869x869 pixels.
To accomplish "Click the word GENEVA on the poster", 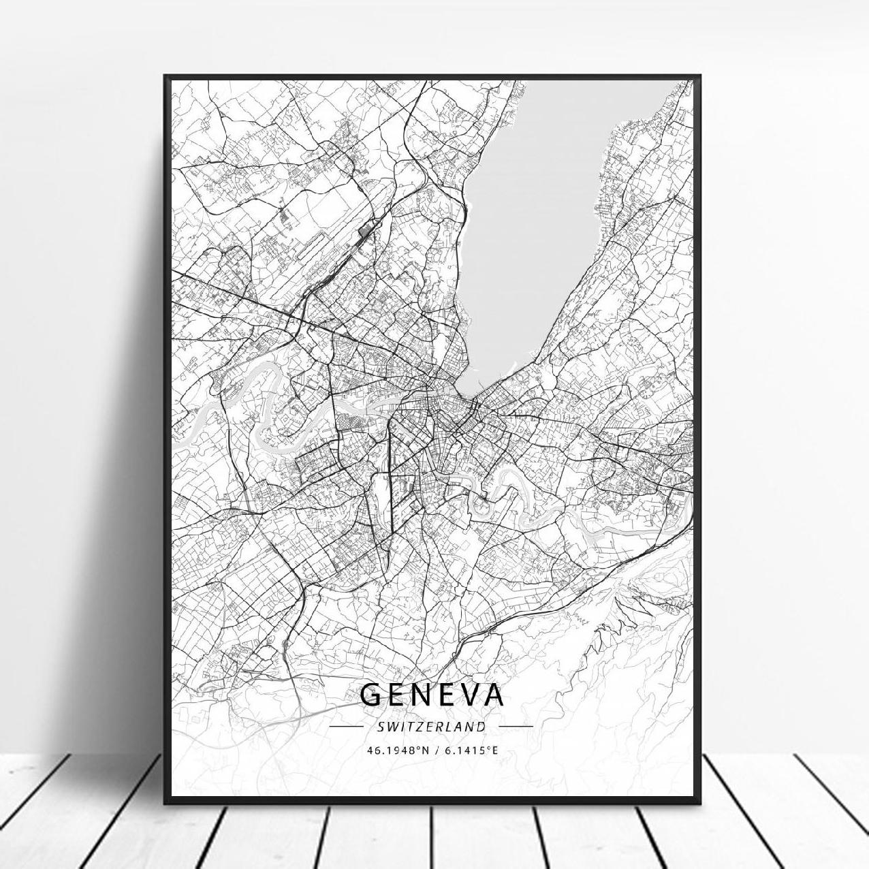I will [431, 695].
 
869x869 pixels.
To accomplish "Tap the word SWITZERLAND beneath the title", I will [431, 727].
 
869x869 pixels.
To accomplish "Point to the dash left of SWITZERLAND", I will [346, 727].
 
